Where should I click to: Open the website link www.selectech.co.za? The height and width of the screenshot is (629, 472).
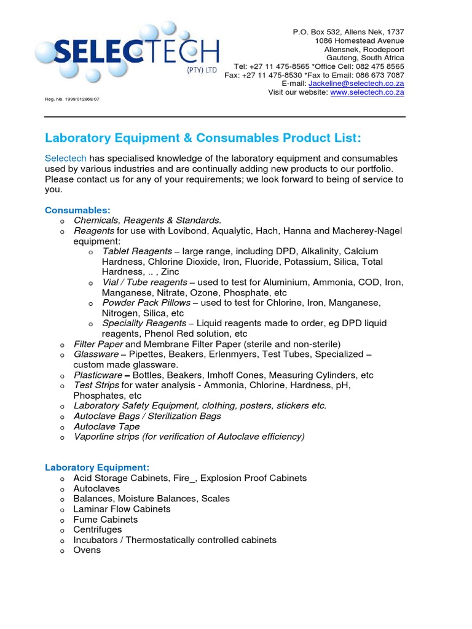(x=367, y=92)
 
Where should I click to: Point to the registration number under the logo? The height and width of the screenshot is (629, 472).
(x=72, y=98)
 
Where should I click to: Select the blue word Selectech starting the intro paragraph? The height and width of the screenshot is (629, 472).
(x=65, y=158)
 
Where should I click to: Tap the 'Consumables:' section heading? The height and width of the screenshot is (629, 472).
(x=77, y=210)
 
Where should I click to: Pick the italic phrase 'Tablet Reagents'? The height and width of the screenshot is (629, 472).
(x=136, y=251)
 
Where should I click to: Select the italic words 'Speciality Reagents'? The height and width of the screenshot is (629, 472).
(x=144, y=323)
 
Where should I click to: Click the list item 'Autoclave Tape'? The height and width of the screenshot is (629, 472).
(x=106, y=426)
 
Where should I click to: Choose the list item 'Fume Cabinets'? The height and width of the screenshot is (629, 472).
(x=105, y=519)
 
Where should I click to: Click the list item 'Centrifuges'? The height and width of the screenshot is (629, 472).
(x=98, y=529)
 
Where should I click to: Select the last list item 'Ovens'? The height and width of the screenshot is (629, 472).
(x=87, y=550)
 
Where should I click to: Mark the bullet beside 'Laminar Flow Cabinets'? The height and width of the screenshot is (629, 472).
(x=61, y=510)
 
